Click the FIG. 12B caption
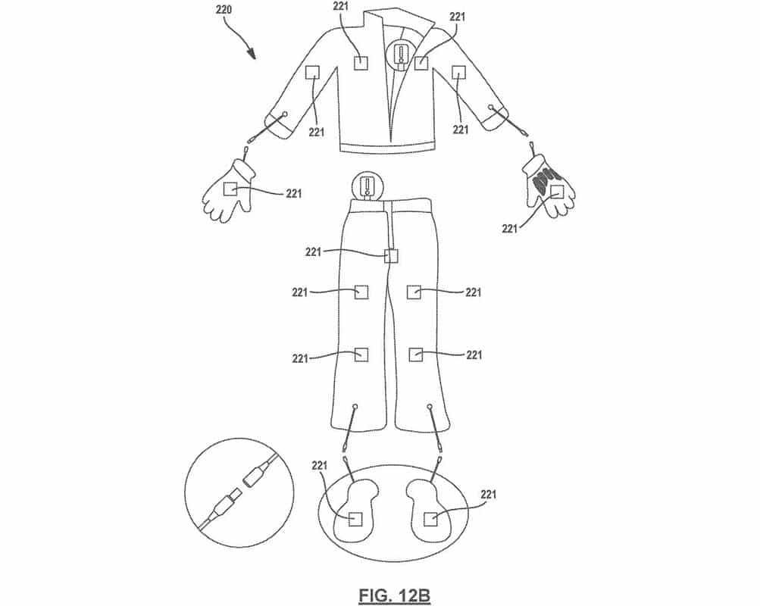point(395,595)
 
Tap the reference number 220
point(223,9)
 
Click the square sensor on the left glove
point(230,189)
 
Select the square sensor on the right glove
point(557,192)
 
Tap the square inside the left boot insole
point(356,520)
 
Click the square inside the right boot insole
point(430,520)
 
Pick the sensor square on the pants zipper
point(391,255)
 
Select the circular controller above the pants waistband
point(368,186)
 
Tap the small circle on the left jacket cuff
point(284,114)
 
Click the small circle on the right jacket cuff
point(492,108)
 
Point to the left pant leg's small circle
point(355,407)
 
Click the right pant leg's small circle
point(430,406)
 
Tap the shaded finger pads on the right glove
point(542,180)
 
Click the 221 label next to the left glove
point(294,193)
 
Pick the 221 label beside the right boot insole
point(489,495)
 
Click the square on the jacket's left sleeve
point(313,73)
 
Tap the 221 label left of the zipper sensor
point(313,252)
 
